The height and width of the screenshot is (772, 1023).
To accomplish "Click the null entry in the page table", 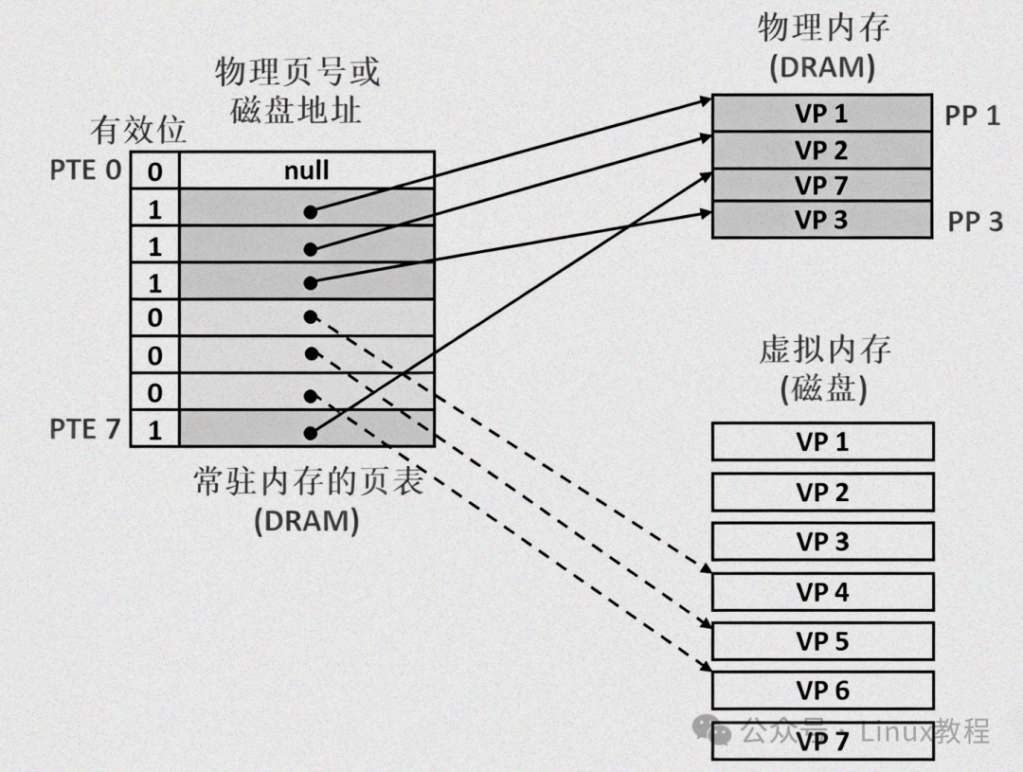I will click(306, 171).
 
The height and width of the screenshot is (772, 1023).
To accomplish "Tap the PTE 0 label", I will click(85, 171).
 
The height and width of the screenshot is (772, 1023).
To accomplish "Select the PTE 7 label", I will click(85, 429).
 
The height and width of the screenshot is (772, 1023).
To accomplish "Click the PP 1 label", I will click(973, 116).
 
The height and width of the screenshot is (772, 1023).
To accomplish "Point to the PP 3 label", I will click(975, 222).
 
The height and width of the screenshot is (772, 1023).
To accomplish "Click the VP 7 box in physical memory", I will click(821, 185).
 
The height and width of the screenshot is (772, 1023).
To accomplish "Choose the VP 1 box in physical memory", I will click(821, 114).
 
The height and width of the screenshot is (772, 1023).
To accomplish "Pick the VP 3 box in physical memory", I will click(821, 220).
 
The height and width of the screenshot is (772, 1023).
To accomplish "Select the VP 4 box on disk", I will click(822, 592).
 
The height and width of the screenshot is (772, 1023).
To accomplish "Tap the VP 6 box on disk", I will click(822, 691).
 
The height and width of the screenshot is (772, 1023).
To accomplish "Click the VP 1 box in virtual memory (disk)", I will click(822, 441).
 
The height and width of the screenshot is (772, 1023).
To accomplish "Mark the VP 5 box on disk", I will click(822, 641).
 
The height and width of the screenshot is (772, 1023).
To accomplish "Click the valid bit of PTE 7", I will click(154, 431).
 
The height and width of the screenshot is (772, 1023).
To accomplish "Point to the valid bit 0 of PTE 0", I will click(154, 172).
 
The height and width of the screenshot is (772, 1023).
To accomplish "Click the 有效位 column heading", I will click(137, 130).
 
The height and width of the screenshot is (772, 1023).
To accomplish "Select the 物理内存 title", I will click(822, 28).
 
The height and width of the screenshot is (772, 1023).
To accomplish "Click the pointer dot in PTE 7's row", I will click(310, 432).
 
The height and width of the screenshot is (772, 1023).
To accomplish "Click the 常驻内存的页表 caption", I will click(307, 483).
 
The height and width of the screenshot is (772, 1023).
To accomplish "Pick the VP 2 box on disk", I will click(822, 492).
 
